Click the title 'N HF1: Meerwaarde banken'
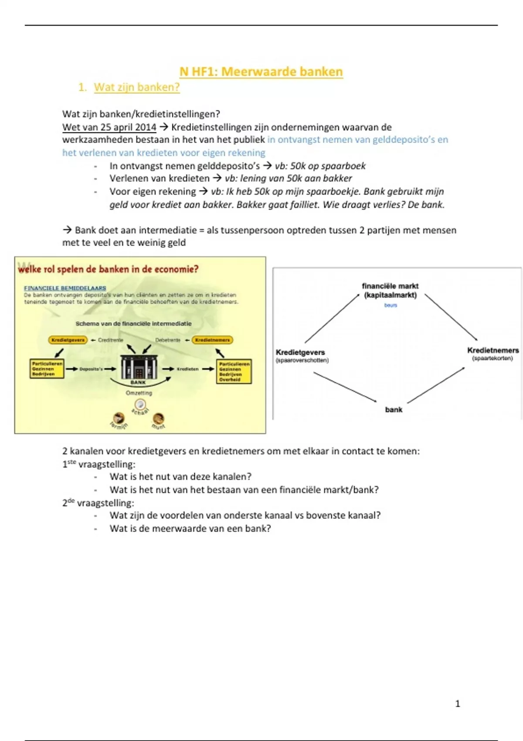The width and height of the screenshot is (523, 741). point(261,71)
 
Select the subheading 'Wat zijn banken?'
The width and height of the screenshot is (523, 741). point(136,87)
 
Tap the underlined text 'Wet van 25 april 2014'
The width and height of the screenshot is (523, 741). point(109,127)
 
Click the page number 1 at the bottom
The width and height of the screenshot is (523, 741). point(458,704)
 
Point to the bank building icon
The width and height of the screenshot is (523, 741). point(139,367)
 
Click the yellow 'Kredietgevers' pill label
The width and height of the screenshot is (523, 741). point(68,340)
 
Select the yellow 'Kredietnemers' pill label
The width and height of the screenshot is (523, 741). point(212,340)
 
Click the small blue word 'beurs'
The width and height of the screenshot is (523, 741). point(391,305)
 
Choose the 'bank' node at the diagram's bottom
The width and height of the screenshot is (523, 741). point(394,409)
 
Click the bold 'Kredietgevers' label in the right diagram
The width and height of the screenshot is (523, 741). point(300,352)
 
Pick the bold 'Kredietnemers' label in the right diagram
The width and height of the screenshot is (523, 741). point(493,350)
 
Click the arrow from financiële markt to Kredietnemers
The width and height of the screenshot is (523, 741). point(451,317)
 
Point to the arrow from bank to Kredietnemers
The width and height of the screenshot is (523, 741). point(436,385)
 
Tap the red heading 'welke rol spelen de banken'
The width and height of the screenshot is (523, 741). point(108,269)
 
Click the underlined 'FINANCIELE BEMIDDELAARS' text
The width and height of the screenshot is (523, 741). point(65,288)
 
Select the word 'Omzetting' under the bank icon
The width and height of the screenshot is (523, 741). point(139,393)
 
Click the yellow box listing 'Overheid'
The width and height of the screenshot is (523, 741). point(234,371)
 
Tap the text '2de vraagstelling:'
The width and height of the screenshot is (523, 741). point(98,503)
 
